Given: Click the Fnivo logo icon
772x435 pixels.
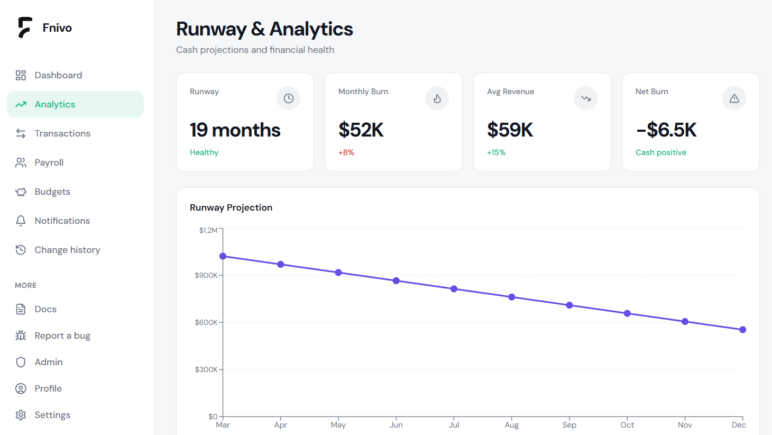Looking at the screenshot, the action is point(25,28).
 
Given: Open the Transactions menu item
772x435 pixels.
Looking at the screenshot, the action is point(62,133).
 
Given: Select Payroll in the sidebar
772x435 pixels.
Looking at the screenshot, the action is point(49,162).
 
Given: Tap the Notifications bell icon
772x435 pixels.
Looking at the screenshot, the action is point(21,221).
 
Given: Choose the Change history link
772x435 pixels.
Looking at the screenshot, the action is point(68,250).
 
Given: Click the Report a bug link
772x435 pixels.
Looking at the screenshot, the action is point(62,336).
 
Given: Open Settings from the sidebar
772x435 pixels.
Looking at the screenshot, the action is point(52,415).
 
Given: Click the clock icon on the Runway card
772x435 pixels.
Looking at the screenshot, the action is point(289,98).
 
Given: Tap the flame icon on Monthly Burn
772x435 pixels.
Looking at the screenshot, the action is point(437,98).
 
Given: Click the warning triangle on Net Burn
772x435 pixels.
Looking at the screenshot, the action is point(734,98).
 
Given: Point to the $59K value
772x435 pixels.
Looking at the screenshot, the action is point(510,130).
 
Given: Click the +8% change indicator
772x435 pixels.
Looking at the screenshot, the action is point(346,152).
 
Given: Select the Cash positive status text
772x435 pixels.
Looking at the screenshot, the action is point(660,152).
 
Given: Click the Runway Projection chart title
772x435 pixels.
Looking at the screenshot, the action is point(231,207).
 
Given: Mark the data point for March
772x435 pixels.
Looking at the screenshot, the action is point(223,256).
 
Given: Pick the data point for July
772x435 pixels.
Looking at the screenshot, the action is point(454,289).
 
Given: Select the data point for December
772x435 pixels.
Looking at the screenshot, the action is point(743,330).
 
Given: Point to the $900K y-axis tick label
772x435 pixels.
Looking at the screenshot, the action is point(206,275).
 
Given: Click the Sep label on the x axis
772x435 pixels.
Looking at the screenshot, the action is point(569,425).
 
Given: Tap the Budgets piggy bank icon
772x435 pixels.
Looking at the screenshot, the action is point(21,192).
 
